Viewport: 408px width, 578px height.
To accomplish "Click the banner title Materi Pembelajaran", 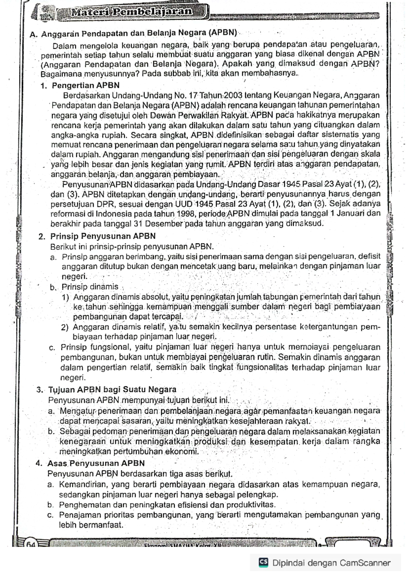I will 131,12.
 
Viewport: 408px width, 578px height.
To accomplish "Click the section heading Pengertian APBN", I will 85,85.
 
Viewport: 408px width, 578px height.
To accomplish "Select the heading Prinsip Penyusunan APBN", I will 103,236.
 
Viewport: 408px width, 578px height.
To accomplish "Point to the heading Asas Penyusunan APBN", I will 96,463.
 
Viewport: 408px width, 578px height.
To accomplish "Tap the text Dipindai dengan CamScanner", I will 331,563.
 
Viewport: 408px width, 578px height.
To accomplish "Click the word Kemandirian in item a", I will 81,484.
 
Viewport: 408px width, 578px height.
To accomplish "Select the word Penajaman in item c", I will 78,515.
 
